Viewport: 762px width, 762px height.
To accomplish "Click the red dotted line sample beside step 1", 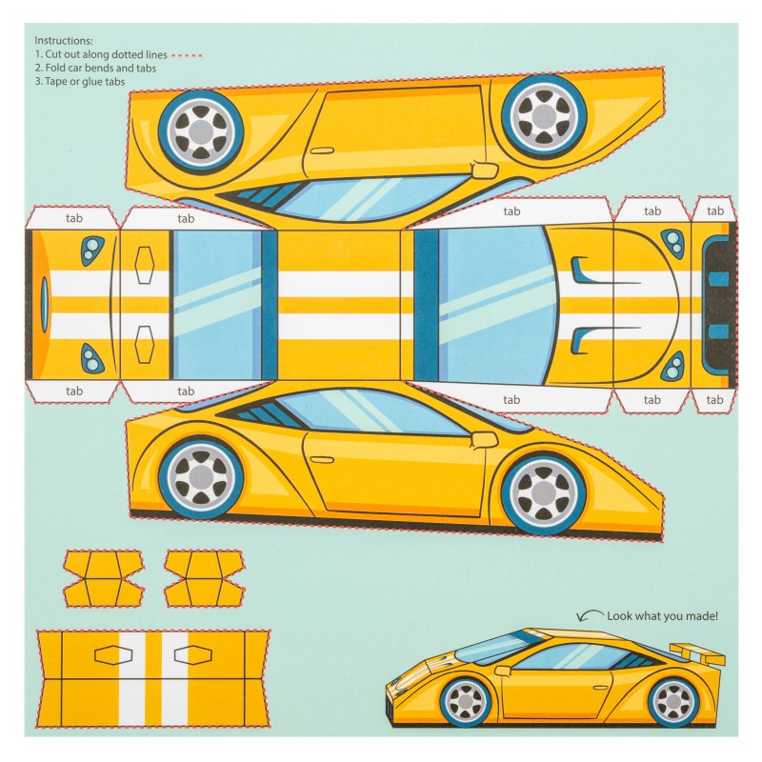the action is (x=187, y=55).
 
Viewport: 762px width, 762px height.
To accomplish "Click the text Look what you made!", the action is (x=662, y=616).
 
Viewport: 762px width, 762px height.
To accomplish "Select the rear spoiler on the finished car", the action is (x=698, y=653).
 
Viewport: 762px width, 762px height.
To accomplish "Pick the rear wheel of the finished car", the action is (x=674, y=702).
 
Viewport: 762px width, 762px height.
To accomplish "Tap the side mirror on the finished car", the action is (x=502, y=671).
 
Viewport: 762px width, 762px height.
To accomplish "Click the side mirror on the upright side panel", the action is (x=485, y=439).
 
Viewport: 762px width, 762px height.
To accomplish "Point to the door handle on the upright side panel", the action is (x=322, y=459).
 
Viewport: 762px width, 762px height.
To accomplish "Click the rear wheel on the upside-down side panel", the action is (x=201, y=131).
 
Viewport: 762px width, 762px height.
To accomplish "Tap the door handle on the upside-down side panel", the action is (x=322, y=151).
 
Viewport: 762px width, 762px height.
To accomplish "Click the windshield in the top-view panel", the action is (x=495, y=305).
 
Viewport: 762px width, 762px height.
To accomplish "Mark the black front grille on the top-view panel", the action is (x=719, y=305).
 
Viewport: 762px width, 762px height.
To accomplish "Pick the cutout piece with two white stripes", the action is (x=153, y=679).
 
